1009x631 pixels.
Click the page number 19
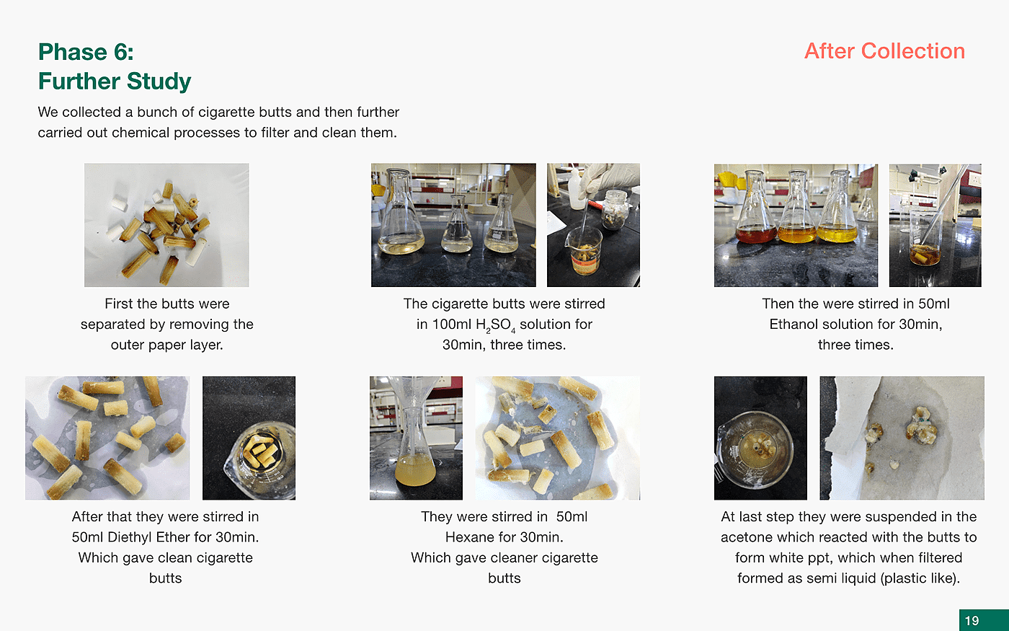point(972,621)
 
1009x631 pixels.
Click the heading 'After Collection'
point(885,51)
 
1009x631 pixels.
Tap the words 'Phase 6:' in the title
point(86,52)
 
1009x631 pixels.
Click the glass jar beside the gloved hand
point(614,210)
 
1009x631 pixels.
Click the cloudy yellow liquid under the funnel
point(415,469)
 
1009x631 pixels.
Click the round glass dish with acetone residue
point(755,450)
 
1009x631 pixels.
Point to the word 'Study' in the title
point(159,81)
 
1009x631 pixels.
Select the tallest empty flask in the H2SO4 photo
point(401,211)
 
